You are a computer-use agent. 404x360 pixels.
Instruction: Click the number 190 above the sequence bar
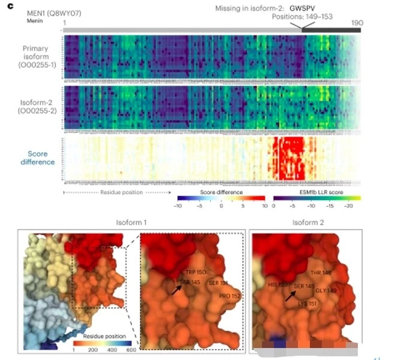tap(357, 23)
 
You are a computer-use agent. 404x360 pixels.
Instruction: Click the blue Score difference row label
tap(38, 158)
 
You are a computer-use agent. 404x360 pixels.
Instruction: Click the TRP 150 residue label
tap(195, 271)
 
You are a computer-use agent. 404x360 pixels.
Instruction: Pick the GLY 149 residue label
tap(326, 291)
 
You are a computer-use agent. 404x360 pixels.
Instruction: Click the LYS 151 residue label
tap(307, 303)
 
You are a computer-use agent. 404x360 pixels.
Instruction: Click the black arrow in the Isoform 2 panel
tap(291, 295)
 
